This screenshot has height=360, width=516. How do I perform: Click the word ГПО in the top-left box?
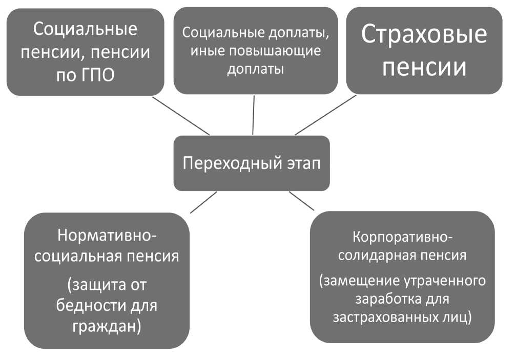coord(96,75)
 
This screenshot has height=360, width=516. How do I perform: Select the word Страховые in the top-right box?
coord(424,34)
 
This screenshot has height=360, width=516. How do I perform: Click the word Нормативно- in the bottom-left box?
coord(107,236)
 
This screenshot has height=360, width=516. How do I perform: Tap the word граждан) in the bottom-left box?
coord(107,325)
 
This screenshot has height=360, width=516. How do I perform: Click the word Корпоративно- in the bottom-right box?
coord(403,238)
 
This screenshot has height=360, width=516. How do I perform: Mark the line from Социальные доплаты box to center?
coord(254,115)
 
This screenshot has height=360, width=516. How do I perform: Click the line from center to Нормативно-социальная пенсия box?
coord(204,202)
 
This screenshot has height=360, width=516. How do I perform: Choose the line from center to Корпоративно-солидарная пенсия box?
coord(301,201)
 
